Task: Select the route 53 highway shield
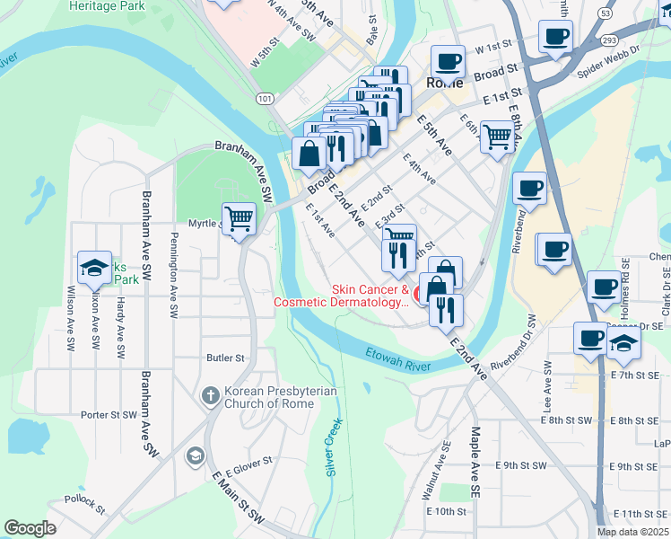[606, 13]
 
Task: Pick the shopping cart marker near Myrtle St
[239, 218]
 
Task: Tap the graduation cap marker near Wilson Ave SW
[94, 267]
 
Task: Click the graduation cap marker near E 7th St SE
[623, 341]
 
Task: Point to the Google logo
[30, 528]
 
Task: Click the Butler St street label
[225, 358]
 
